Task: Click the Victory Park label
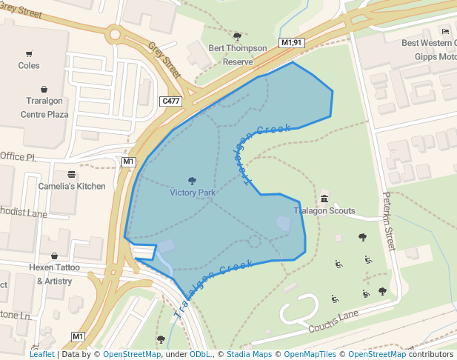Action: pos(193,193)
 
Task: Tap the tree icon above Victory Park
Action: pos(193,181)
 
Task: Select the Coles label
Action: pos(29,65)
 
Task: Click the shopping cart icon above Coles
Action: pos(29,53)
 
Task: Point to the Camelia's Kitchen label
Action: pos(72,186)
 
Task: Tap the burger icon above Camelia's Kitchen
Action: pos(72,174)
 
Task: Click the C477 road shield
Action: pos(170,101)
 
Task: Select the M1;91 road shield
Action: pos(292,43)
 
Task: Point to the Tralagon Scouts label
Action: pos(324,211)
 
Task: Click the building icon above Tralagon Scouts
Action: pos(324,199)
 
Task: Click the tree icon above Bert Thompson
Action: pos(238,36)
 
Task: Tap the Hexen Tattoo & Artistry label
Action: pos(54,273)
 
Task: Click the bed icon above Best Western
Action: pos(445,31)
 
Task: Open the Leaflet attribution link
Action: pos(41,355)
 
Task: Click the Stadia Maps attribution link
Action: pos(248,355)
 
